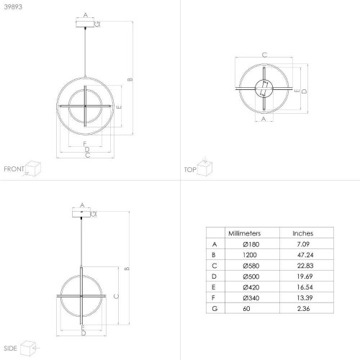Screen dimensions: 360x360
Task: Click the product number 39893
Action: pos(13,6)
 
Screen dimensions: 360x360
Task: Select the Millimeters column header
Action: pos(244,233)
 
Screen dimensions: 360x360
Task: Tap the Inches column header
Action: pos(303,233)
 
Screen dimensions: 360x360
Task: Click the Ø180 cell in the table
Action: pos(251,244)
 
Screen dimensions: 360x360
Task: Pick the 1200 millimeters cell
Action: pos(250,255)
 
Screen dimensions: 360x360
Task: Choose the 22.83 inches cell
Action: pos(305,266)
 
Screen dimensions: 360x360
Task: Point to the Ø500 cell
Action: pos(251,276)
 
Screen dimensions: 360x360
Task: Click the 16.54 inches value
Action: pos(305,287)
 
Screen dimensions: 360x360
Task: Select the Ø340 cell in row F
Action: pos(251,298)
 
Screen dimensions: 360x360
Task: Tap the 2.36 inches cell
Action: pos(303,308)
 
